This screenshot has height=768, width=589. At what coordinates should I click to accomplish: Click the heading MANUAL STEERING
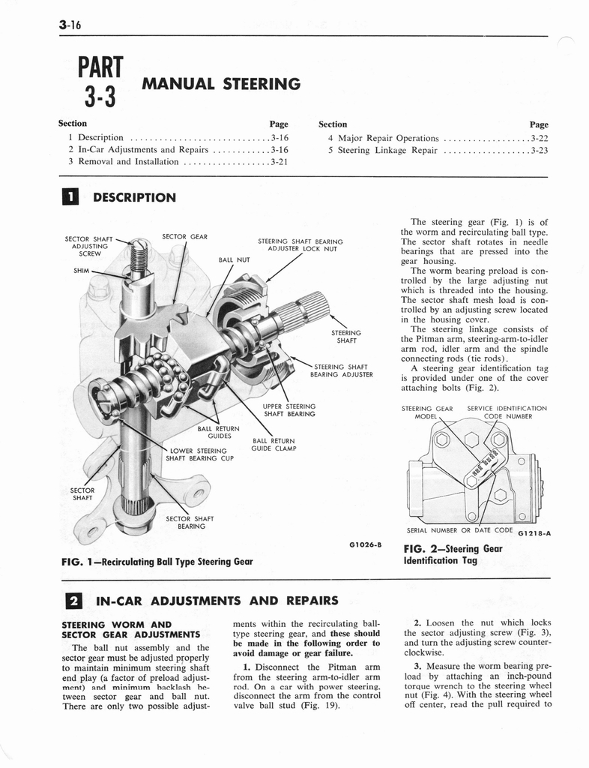[222, 84]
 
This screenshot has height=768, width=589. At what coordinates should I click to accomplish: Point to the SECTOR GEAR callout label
[184, 236]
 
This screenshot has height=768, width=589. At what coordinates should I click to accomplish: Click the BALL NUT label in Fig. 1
[234, 259]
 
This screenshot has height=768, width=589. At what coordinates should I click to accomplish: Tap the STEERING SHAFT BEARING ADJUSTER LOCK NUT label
[300, 245]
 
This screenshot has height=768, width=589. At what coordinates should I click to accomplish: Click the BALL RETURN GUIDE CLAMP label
[274, 445]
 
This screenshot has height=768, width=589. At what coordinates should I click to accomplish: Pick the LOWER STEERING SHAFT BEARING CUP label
[196, 454]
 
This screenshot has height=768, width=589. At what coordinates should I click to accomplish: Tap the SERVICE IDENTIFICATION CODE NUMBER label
[507, 412]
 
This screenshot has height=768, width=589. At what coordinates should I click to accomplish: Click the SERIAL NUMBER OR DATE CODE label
[459, 530]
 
